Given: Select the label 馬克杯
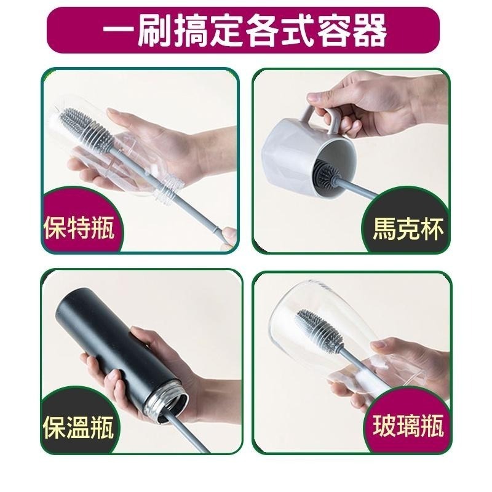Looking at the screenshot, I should (408, 233).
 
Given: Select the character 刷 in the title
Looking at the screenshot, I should (154, 30).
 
